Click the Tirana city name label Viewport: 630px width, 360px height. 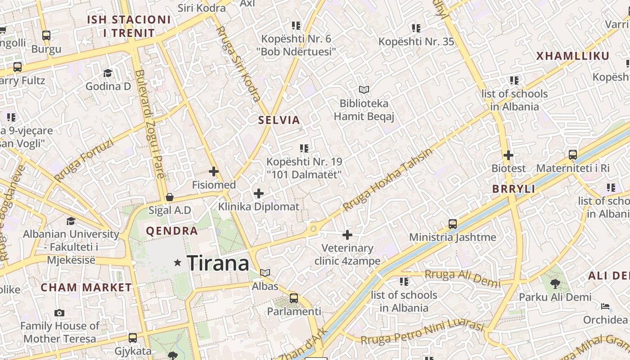218,263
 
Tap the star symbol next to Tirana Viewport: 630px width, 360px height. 178,262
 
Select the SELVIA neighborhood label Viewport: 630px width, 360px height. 279,120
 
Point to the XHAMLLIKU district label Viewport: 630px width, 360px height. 573,56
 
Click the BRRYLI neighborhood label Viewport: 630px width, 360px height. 513,189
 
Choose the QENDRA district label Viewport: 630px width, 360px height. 172,231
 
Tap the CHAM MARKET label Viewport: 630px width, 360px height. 86,288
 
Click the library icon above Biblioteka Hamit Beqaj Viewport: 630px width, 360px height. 364,90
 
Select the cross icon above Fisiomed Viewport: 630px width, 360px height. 214,171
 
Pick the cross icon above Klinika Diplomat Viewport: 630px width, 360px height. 259,194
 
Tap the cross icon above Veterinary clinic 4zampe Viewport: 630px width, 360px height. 347,235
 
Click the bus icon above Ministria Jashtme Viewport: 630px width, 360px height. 453,224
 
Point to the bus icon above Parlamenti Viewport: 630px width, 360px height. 294,298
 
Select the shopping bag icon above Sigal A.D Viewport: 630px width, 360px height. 170,197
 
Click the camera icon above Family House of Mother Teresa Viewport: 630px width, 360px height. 59,313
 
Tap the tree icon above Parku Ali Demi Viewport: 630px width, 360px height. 555,283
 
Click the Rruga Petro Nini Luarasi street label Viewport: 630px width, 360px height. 422,333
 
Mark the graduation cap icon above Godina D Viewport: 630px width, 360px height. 108,73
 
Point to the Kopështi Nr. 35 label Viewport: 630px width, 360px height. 416,42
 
